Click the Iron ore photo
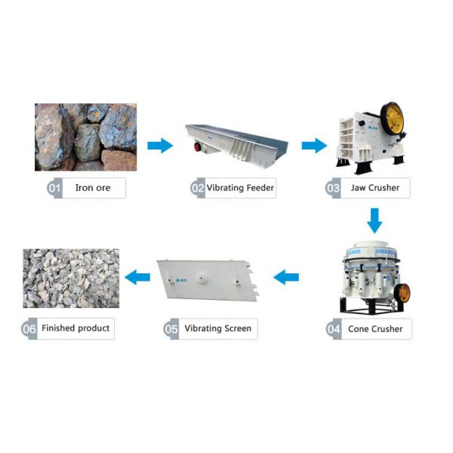click(85, 137)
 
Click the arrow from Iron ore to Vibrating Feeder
click(159, 145)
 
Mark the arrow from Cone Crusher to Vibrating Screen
click(286, 277)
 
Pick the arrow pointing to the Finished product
click(137, 277)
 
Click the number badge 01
click(54, 188)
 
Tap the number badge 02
click(198, 188)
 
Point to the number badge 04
click(334, 329)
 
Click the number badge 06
click(30, 329)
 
